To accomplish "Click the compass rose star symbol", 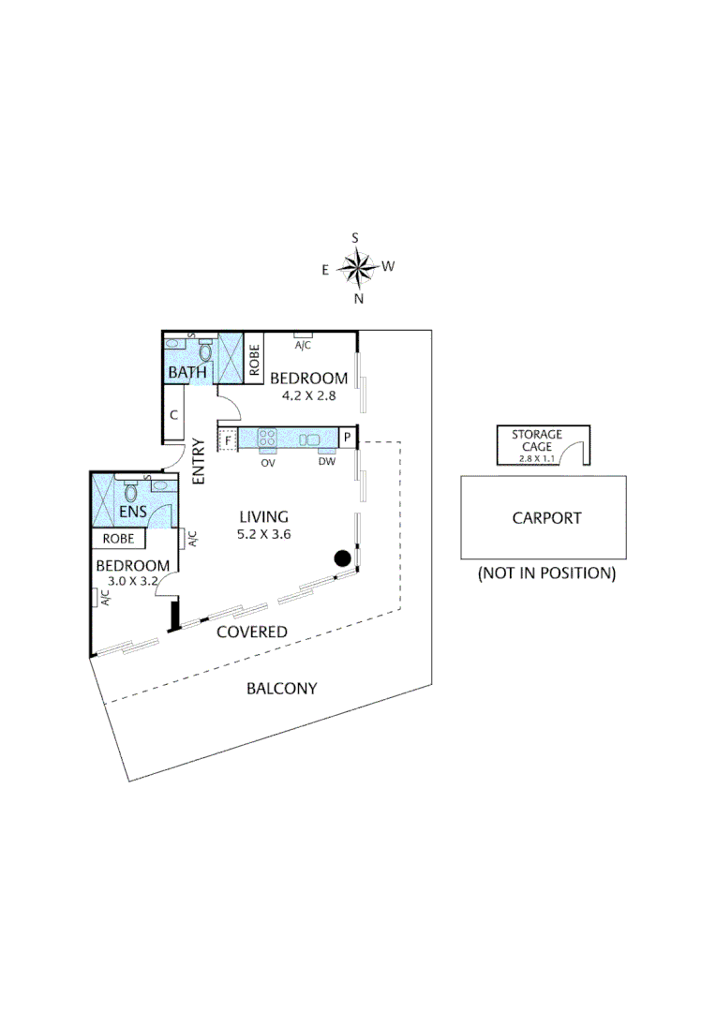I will pyautogui.click(x=356, y=268).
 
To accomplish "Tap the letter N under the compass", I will pyautogui.click(x=358, y=299).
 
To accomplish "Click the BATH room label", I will pyautogui.click(x=186, y=373).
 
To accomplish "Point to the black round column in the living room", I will pyautogui.click(x=343, y=558).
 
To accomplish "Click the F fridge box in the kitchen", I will pyautogui.click(x=226, y=438).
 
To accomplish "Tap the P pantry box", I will pyautogui.click(x=347, y=438).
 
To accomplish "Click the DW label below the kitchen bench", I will pyautogui.click(x=326, y=461).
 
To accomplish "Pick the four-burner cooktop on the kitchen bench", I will pyautogui.click(x=267, y=438).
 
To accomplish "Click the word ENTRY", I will pyautogui.click(x=198, y=461).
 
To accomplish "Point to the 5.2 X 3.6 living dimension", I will pyautogui.click(x=263, y=534).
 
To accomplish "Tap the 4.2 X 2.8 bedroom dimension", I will pyautogui.click(x=308, y=396).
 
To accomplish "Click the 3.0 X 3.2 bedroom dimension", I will pyautogui.click(x=133, y=581).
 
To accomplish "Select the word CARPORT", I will pyautogui.click(x=546, y=517).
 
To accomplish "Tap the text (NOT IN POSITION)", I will pyautogui.click(x=546, y=573).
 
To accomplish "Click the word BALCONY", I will pyautogui.click(x=281, y=689).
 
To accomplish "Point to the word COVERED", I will pyautogui.click(x=252, y=632).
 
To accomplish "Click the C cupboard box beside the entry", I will pyautogui.click(x=174, y=414).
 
